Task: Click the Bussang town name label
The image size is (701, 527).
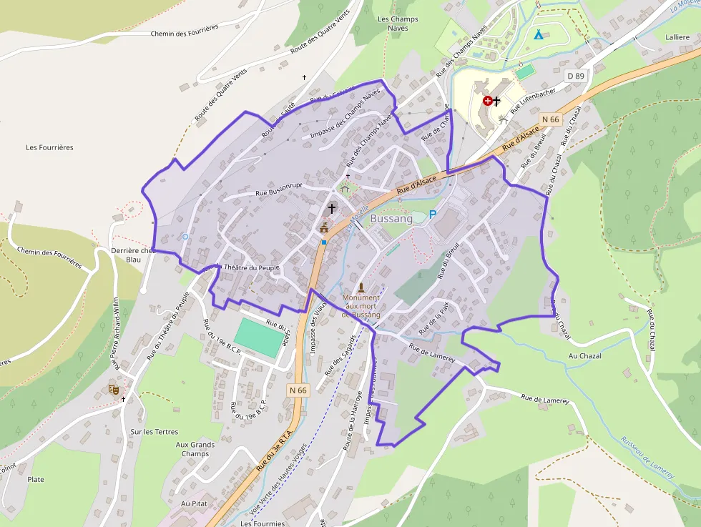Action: click(x=391, y=219)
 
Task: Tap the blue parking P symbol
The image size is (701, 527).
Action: click(x=432, y=214)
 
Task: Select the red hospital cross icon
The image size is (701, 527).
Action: click(x=488, y=102)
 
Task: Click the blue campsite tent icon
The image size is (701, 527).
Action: click(x=538, y=34)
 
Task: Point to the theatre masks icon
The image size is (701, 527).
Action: click(x=113, y=389)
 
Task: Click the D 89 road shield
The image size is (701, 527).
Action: click(x=575, y=75)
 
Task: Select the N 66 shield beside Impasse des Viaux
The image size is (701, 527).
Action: click(x=298, y=390)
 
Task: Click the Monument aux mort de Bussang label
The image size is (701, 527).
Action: click(x=361, y=305)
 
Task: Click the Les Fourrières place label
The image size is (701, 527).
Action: click(x=49, y=147)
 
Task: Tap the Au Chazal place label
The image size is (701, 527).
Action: click(x=584, y=355)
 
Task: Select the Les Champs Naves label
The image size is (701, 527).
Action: click(x=398, y=23)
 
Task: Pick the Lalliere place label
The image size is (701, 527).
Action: click(x=677, y=36)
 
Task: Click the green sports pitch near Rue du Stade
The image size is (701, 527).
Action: click(x=258, y=338)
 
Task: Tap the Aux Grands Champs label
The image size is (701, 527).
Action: click(x=195, y=449)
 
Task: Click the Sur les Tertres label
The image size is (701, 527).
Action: click(x=154, y=432)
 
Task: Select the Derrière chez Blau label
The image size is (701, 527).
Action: click(x=133, y=255)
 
